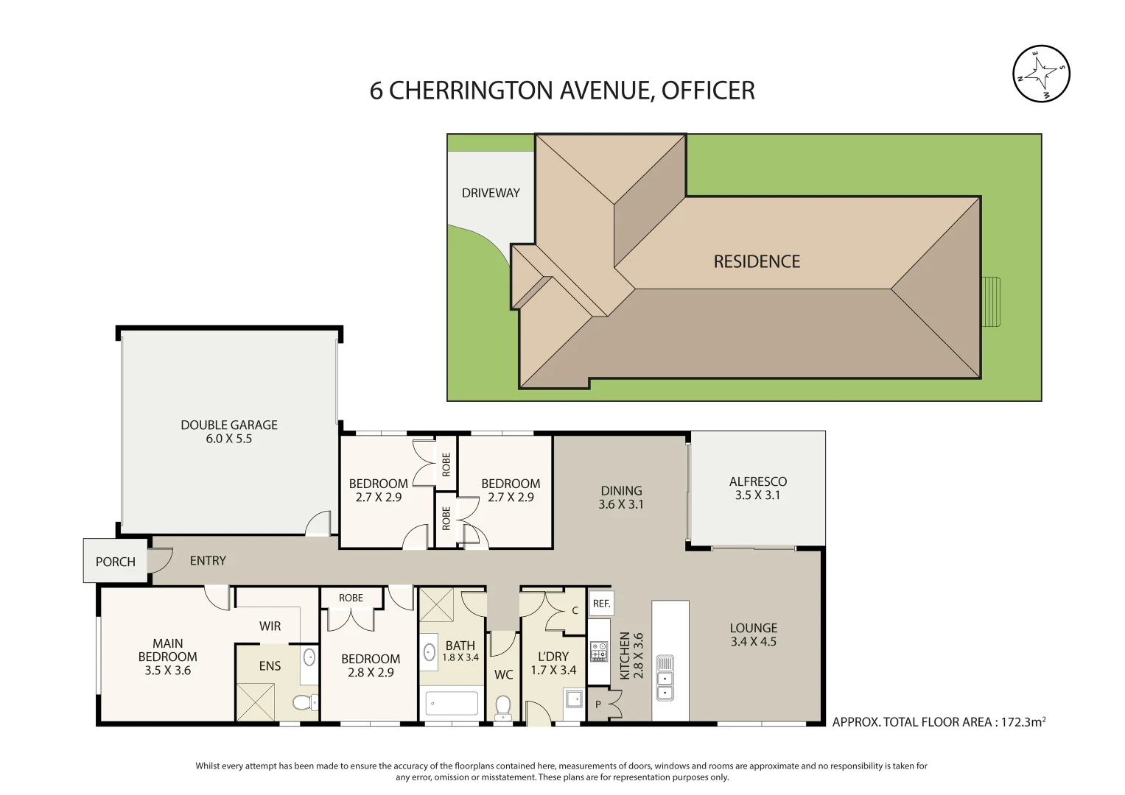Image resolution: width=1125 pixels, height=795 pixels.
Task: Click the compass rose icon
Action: pyautogui.click(x=1041, y=74)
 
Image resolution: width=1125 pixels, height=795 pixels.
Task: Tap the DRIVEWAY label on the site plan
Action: pyautogui.click(x=491, y=193)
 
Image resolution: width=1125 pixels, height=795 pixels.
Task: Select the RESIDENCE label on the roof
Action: pyautogui.click(x=757, y=261)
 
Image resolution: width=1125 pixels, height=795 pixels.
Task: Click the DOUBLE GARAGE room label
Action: pyautogui.click(x=229, y=425)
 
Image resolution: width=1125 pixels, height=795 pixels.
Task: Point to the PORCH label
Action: pyautogui.click(x=116, y=562)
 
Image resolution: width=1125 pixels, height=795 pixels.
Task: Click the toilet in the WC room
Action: pyautogui.click(x=502, y=707)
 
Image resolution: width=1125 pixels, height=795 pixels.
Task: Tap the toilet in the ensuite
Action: pyautogui.click(x=305, y=702)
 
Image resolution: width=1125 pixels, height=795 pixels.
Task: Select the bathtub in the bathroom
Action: pyautogui.click(x=452, y=703)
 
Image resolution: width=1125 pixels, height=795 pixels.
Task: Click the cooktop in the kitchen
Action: pyautogui.click(x=599, y=651)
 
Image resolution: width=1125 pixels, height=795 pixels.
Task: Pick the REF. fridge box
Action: pyautogui.click(x=601, y=604)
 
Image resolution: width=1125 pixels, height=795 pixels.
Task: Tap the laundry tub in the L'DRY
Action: pyautogui.click(x=573, y=698)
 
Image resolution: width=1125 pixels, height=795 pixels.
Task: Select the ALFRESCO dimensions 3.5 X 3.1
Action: pyautogui.click(x=757, y=495)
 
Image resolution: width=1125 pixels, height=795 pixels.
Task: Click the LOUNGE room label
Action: pyautogui.click(x=754, y=628)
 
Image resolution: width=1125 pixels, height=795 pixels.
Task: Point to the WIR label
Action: pyautogui.click(x=270, y=626)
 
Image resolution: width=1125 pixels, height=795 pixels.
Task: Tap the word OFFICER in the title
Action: pyautogui.click(x=708, y=91)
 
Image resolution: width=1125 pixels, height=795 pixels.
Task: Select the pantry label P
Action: pyautogui.click(x=597, y=704)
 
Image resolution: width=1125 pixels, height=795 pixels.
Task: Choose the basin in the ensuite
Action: pyautogui.click(x=309, y=657)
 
